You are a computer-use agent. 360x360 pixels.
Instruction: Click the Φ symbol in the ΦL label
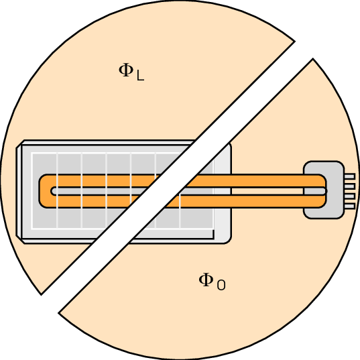pyautogui.click(x=126, y=70)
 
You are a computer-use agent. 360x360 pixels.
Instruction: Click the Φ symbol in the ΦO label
pyautogui.click(x=206, y=280)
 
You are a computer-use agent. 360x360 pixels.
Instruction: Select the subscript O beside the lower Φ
pyautogui.click(x=221, y=285)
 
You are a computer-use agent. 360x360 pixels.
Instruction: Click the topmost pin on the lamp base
pyautogui.click(x=350, y=176)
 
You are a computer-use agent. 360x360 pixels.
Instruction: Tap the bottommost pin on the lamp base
pyautogui.click(x=350, y=206)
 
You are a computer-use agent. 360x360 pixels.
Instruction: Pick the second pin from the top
pyautogui.click(x=350, y=186)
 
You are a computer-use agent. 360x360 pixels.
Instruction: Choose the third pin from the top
pyautogui.click(x=350, y=196)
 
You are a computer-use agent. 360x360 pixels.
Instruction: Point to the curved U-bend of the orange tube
pyautogui.click(x=45, y=191)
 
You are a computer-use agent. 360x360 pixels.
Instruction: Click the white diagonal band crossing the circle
pyautogui.click(x=177, y=177)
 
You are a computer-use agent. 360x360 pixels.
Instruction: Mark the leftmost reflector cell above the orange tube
pyautogui.click(x=44, y=164)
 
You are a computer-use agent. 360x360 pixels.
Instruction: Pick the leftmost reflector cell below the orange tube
pyautogui.click(x=44, y=218)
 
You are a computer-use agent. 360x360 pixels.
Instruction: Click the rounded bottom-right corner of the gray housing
pyautogui.click(x=228, y=240)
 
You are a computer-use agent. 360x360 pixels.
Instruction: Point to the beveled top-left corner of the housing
pyautogui.click(x=20, y=144)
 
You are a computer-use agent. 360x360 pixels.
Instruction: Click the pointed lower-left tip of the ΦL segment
pyautogui.click(x=42, y=294)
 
